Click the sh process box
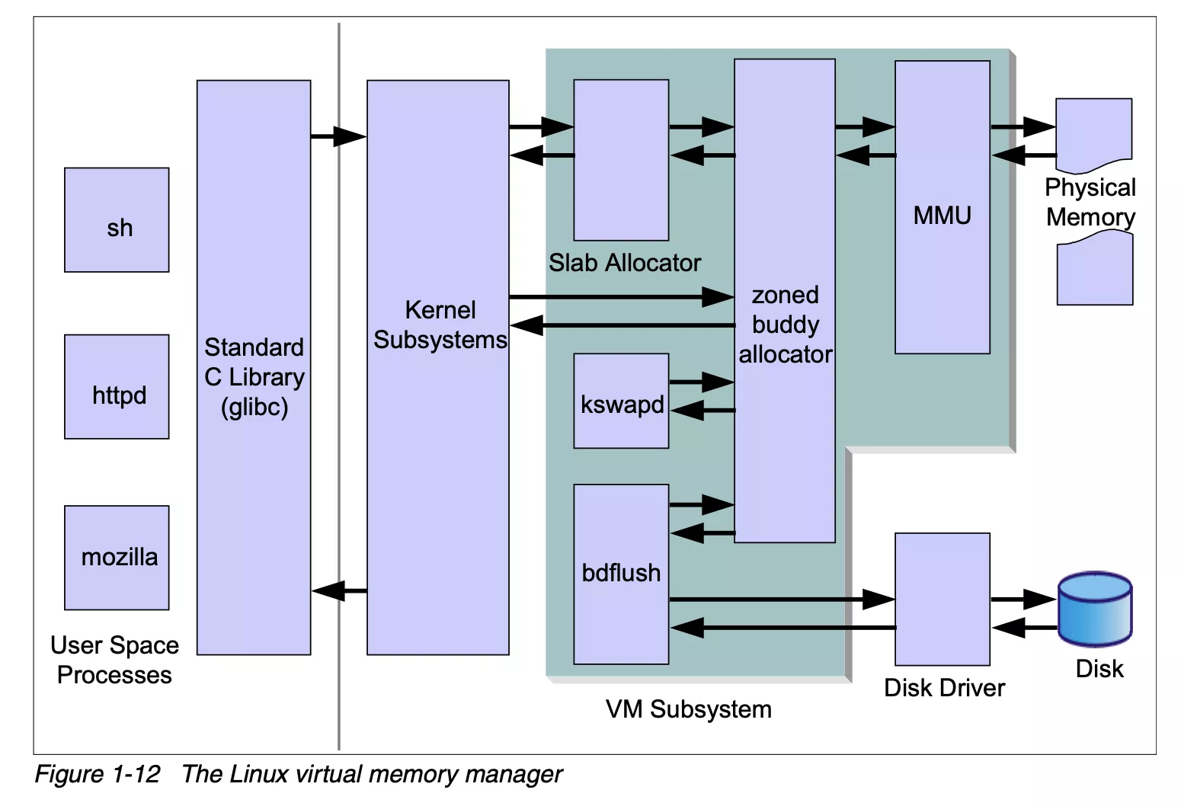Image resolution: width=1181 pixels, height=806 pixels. (117, 220)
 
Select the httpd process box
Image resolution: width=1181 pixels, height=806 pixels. (117, 387)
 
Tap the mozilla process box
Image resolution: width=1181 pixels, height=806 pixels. (117, 558)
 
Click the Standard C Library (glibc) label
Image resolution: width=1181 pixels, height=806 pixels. (254, 377)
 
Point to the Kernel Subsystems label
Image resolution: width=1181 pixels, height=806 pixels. (440, 325)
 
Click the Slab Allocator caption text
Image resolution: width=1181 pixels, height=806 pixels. (624, 263)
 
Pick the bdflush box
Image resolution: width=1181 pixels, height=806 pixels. (621, 574)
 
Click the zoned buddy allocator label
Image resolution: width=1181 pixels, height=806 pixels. (785, 325)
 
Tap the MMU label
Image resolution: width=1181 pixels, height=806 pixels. (943, 216)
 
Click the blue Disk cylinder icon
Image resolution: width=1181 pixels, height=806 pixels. (1095, 609)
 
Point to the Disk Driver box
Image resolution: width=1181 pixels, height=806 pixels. (943, 600)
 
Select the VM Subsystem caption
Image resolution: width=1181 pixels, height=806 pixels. (688, 709)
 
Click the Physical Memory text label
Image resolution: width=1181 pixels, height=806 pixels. (1090, 203)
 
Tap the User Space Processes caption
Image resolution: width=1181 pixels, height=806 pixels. (114, 660)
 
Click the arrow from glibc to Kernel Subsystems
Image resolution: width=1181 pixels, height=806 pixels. (338, 136)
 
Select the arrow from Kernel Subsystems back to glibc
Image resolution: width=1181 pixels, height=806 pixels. (339, 590)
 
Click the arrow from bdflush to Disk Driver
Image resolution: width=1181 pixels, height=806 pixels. (781, 600)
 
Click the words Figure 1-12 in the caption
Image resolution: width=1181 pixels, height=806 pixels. (98, 774)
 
